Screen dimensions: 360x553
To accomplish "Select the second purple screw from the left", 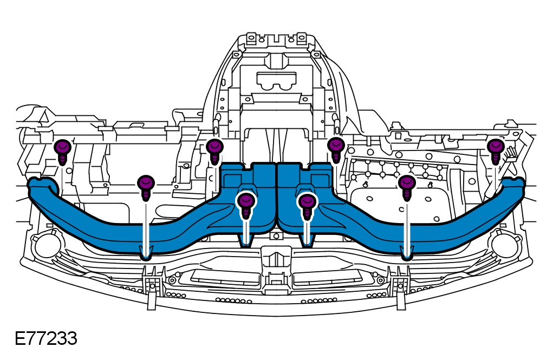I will (145, 185).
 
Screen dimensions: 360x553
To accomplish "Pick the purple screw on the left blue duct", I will (246, 201).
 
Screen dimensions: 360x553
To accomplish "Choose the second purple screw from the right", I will (407, 185).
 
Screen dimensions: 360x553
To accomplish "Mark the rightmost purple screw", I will (495, 148).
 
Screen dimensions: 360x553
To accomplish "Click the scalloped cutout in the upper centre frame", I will (277, 81).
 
